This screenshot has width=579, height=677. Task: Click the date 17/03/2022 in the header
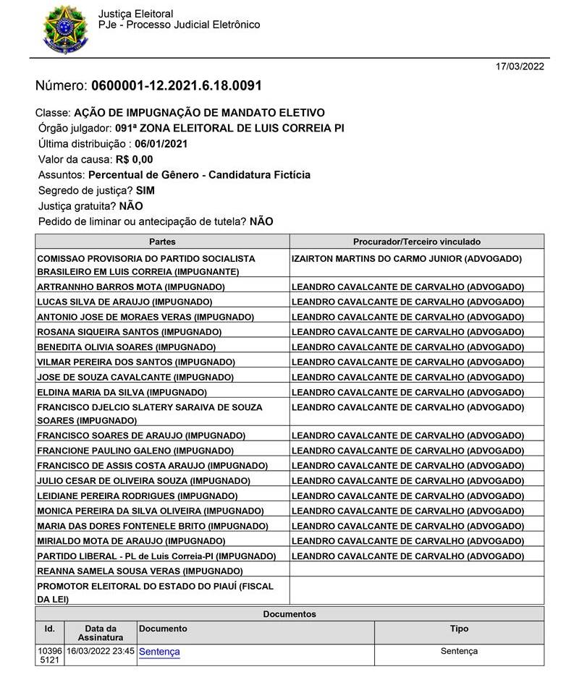pyautogui.click(x=520, y=67)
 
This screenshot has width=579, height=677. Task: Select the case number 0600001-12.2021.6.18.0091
pyautogui.click(x=176, y=86)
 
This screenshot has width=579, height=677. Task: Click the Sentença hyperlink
pyautogui.click(x=159, y=652)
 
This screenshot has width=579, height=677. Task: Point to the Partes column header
pyautogui.click(x=162, y=242)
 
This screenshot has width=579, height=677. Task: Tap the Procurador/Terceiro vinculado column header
pyautogui.click(x=416, y=242)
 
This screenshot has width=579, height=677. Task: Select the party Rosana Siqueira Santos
pyautogui.click(x=129, y=331)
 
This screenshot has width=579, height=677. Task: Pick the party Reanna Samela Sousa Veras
pyautogui.click(x=140, y=571)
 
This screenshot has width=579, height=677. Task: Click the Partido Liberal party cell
pyautogui.click(x=156, y=556)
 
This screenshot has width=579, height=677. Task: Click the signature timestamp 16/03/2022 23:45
pyautogui.click(x=100, y=651)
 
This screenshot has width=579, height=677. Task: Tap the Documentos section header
pyautogui.click(x=289, y=614)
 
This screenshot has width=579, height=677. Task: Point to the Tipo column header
pyautogui.click(x=459, y=629)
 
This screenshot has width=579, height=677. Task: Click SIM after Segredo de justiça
pyautogui.click(x=145, y=190)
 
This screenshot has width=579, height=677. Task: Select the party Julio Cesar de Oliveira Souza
pyautogui.click(x=143, y=481)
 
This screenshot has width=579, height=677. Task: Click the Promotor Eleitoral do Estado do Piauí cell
pyautogui.click(x=155, y=592)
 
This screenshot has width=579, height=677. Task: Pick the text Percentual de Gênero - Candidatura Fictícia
pyautogui.click(x=200, y=175)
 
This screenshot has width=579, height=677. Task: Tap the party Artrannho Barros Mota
pyautogui.click(x=130, y=286)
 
